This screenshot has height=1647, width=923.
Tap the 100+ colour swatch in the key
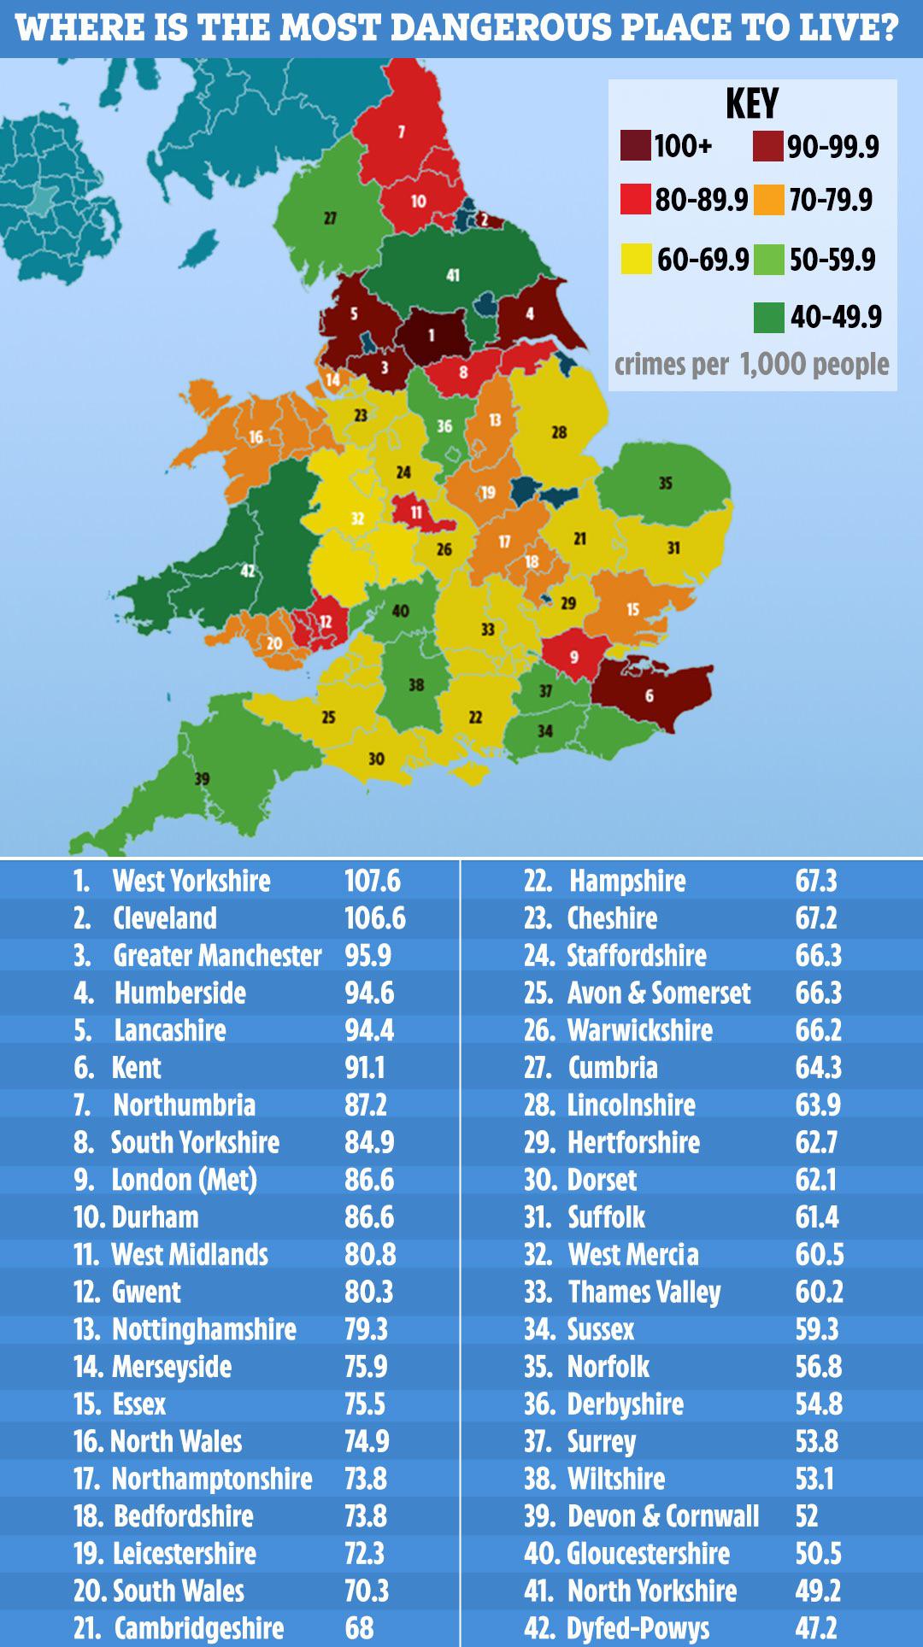click(635, 147)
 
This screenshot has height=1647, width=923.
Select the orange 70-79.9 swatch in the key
click(769, 201)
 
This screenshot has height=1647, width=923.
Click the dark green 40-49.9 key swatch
click(769, 318)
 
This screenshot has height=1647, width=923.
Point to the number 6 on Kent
click(650, 696)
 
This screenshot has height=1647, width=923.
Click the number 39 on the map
click(202, 778)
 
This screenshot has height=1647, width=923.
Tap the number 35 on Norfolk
click(665, 484)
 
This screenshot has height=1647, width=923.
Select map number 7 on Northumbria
click(401, 132)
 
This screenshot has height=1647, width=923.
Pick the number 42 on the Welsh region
click(247, 571)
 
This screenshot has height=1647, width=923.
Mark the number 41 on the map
click(453, 275)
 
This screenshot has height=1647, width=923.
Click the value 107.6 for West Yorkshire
click(373, 881)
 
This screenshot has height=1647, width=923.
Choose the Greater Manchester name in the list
click(217, 956)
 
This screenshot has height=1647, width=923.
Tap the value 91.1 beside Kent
click(365, 1068)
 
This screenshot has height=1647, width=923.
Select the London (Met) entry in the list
click(184, 1180)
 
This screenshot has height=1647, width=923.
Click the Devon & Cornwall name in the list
click(663, 1516)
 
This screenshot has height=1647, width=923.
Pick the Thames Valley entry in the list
click(644, 1292)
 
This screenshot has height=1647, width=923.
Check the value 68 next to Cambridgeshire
click(360, 1628)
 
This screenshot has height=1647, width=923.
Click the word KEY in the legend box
click(752, 104)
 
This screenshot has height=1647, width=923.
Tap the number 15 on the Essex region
click(632, 609)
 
